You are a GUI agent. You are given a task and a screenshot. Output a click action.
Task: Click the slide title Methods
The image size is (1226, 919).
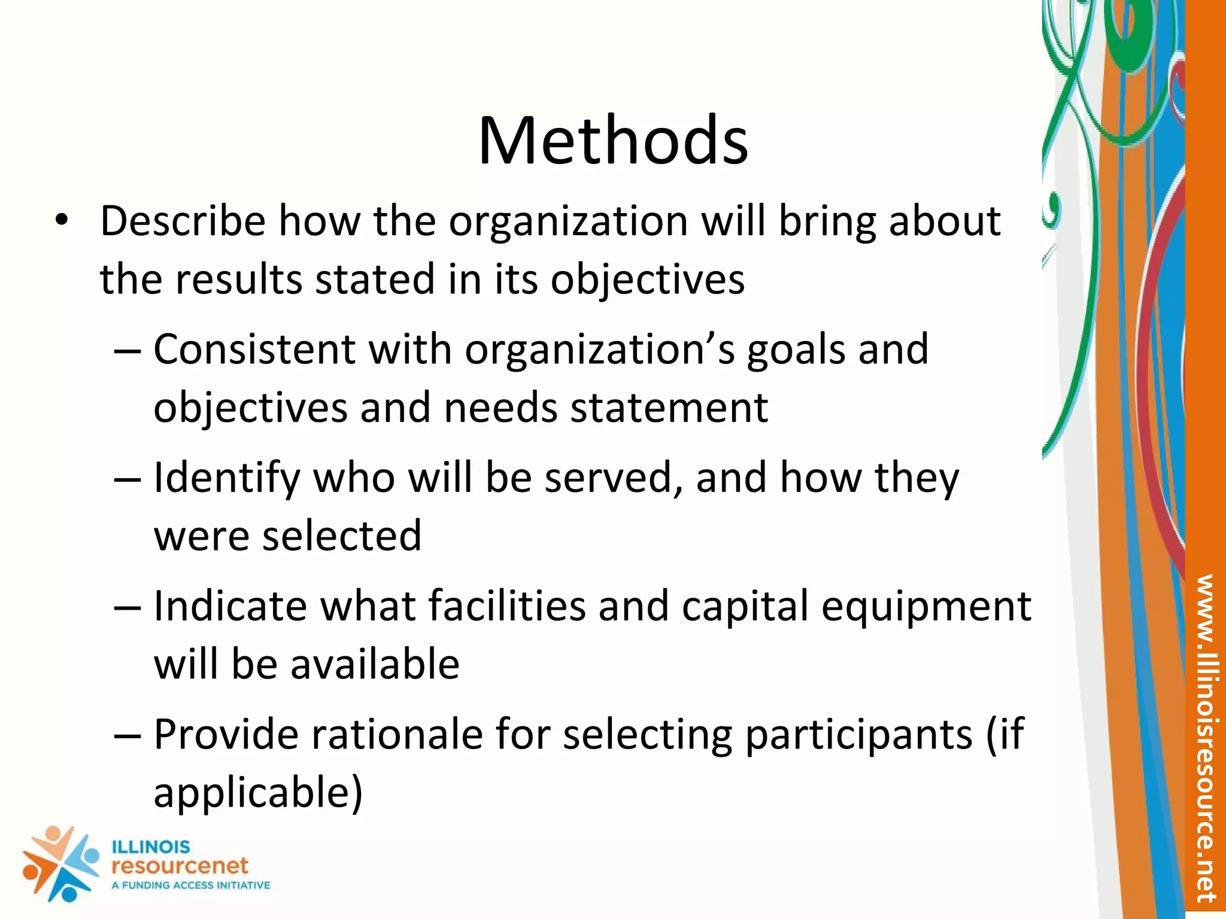[x=613, y=141]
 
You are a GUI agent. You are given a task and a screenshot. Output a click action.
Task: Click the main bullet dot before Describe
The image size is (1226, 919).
[x=61, y=220]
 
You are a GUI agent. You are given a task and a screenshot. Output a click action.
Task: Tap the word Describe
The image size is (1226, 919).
[x=183, y=221]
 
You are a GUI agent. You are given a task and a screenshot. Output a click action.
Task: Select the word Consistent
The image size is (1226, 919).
[x=254, y=349]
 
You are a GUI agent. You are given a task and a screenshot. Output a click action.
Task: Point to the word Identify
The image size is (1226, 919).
[x=226, y=479]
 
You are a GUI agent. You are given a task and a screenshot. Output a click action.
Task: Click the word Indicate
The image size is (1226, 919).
[x=230, y=606]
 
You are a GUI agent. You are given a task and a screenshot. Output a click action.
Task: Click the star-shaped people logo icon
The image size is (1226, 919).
[x=60, y=864]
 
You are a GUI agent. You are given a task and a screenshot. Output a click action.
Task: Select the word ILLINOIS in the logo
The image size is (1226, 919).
[x=151, y=847]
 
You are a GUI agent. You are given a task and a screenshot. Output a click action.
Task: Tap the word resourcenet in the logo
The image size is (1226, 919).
[x=180, y=865]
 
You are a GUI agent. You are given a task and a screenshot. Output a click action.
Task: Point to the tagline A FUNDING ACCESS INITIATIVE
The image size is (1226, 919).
[x=191, y=885]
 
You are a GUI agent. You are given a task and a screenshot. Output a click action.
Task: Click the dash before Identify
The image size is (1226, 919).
[x=128, y=479]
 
